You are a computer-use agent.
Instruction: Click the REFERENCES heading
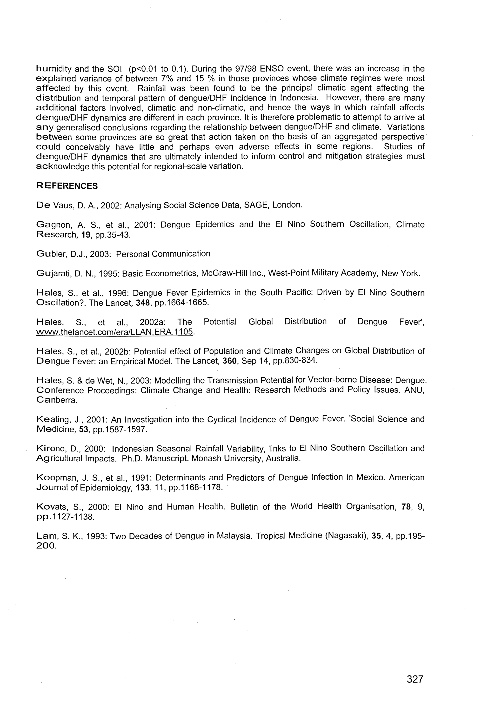click(67, 186)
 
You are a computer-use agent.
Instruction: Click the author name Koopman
click(55, 478)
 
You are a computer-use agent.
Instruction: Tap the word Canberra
click(57, 400)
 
